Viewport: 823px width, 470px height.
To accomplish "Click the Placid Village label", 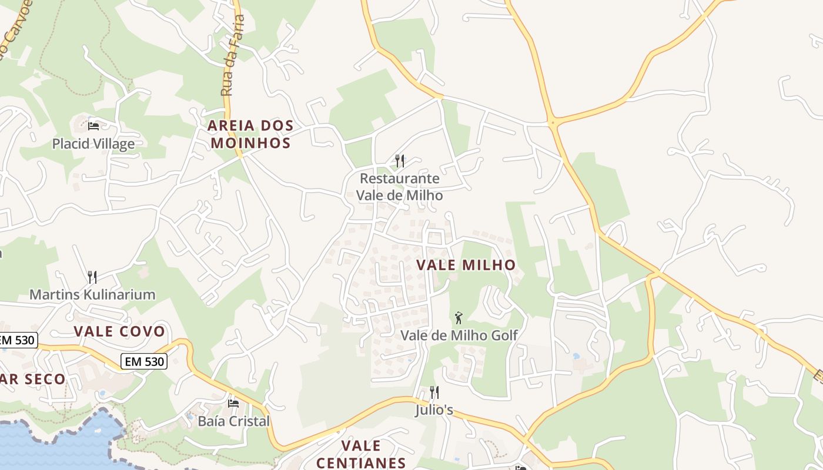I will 93,144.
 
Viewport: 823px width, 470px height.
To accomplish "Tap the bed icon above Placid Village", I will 93,125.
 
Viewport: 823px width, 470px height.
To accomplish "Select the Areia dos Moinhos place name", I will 250,134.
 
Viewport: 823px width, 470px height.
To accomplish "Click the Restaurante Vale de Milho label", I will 400,186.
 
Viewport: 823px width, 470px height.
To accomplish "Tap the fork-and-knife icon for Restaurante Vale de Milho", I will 400,160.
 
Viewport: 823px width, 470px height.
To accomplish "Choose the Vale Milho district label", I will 466,265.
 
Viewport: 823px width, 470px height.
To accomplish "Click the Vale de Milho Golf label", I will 459,335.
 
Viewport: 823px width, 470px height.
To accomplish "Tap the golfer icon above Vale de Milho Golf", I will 459,318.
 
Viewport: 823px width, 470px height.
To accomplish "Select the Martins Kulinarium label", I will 92,294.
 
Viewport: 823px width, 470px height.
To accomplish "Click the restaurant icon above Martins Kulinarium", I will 92,277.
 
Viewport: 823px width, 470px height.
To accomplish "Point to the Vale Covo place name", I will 119,331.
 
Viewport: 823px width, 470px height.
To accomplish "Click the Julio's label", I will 434,409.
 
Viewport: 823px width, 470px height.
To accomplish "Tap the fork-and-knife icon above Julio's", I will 434,392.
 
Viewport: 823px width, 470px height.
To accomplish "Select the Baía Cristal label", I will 233,421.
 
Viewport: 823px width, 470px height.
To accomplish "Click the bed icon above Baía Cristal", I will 233,403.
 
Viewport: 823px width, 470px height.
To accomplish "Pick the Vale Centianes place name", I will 361,454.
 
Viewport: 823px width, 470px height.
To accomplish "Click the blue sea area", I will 53,444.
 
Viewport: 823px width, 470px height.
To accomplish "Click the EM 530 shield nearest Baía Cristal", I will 144,362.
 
